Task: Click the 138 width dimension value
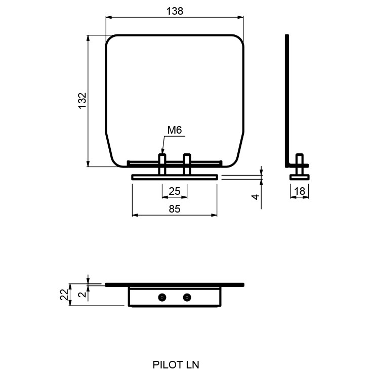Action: tap(174, 11)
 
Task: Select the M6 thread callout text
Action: tap(175, 131)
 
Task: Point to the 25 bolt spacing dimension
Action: tap(175, 191)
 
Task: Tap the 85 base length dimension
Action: tap(175, 209)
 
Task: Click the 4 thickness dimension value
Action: tap(257, 196)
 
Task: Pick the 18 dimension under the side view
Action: tap(300, 191)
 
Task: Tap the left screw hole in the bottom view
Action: tap(162, 297)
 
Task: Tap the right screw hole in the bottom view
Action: tap(187, 297)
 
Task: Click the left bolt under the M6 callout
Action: tap(162, 165)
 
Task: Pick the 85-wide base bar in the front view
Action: tap(175, 177)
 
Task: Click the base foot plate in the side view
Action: tap(299, 177)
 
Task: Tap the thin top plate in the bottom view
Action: tap(175, 285)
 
